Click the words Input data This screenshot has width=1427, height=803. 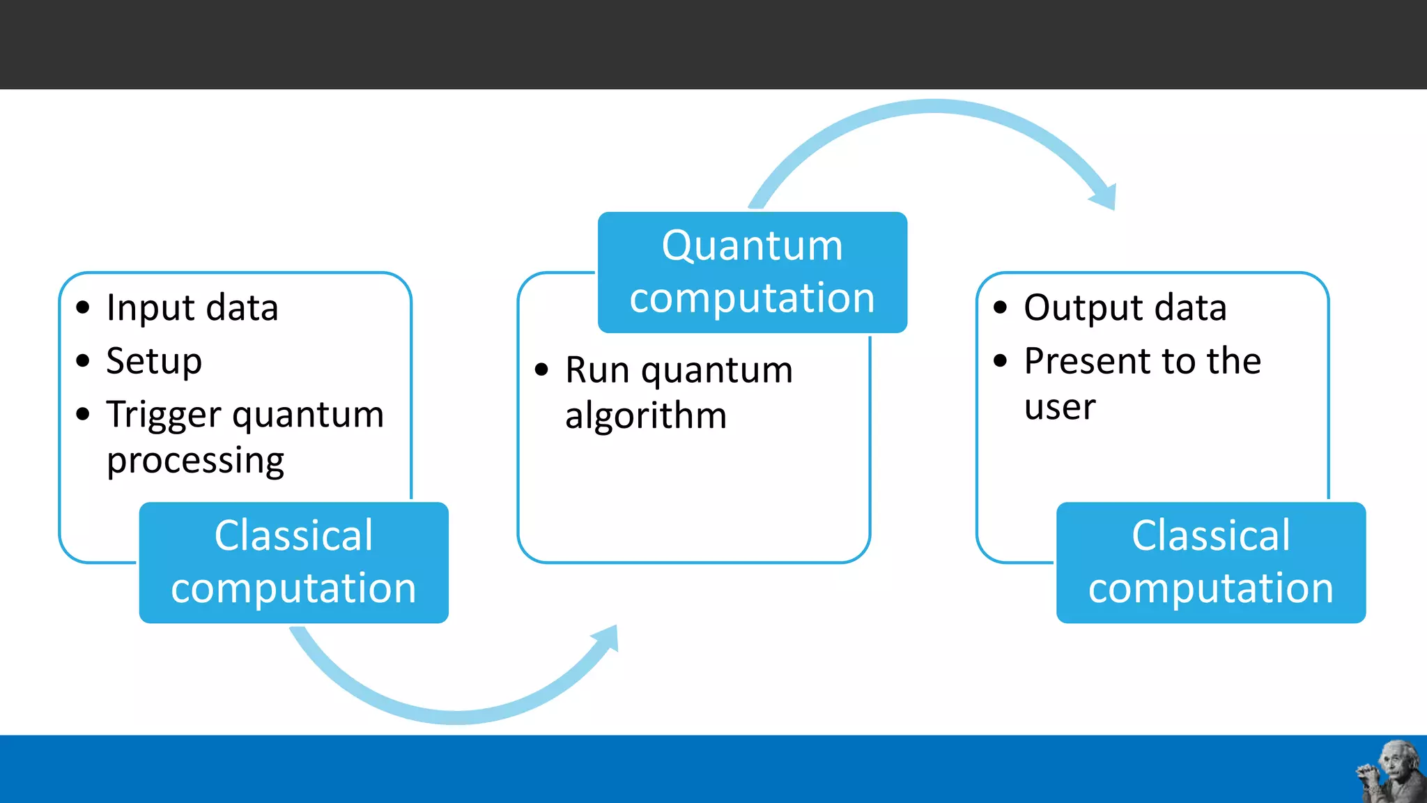pyautogui.click(x=192, y=308)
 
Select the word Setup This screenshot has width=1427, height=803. pyautogui.click(x=154, y=362)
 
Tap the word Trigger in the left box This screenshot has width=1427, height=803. pyautogui.click(x=164, y=415)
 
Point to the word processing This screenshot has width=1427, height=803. pyautogui.click(x=195, y=461)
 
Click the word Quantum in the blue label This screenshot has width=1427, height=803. pyautogui.click(x=752, y=246)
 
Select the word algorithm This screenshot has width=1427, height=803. pyautogui.click(x=646, y=416)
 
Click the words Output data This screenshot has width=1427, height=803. pyautogui.click(x=1125, y=308)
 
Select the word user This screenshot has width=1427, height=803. pyautogui.click(x=1060, y=407)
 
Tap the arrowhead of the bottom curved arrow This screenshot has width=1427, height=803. pyautogui.click(x=607, y=637)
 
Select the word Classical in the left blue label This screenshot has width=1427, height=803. pyautogui.click(x=293, y=536)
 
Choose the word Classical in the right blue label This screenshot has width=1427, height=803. pyautogui.click(x=1210, y=536)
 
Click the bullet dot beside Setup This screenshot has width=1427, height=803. pyautogui.click(x=83, y=361)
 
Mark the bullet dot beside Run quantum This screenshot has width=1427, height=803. pyautogui.click(x=541, y=370)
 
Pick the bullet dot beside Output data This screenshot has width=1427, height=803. pyautogui.click(x=1001, y=307)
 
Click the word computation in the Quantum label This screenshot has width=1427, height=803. pyautogui.click(x=752, y=298)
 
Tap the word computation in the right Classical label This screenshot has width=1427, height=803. pyautogui.click(x=1210, y=589)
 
